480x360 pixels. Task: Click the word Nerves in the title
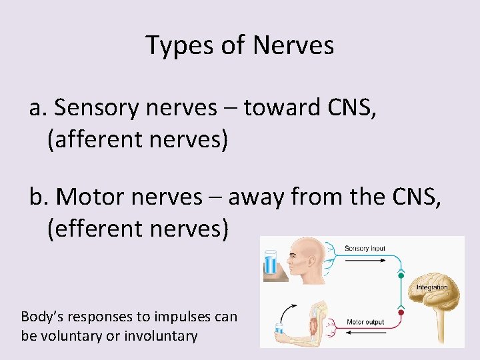coord(293,45)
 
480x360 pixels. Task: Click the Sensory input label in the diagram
coord(365,249)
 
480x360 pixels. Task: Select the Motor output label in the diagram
coord(365,322)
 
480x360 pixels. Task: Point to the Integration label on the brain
coord(432,287)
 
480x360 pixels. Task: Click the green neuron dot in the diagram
coord(401,275)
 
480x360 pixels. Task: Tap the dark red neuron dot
coord(401,312)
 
